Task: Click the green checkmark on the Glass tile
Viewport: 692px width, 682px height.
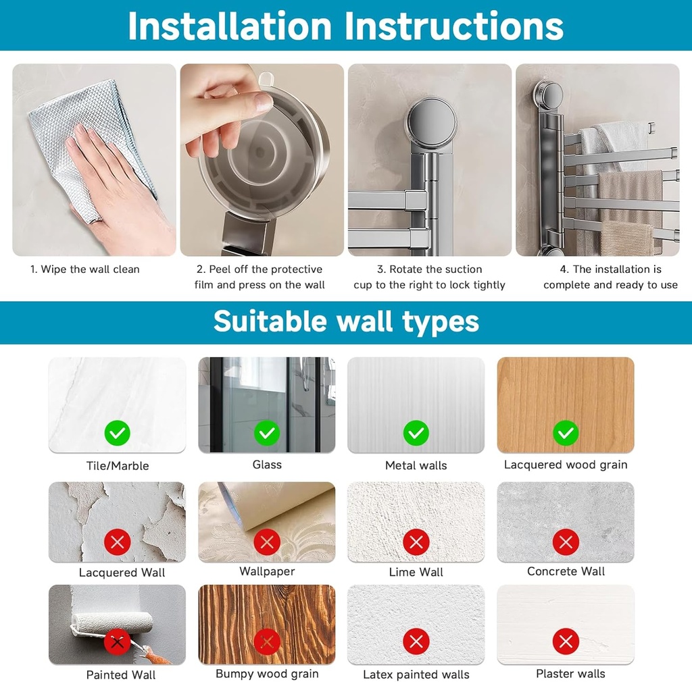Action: click(267, 432)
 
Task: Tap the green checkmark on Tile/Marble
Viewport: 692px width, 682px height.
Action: click(118, 432)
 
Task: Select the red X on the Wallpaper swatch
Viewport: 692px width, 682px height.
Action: click(267, 542)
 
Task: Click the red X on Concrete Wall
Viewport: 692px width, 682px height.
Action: click(566, 542)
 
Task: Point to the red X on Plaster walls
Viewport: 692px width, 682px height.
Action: click(566, 641)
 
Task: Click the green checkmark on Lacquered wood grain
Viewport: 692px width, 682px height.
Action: click(566, 432)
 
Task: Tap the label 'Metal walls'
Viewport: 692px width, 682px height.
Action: click(416, 465)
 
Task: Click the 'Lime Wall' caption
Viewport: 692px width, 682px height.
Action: click(416, 572)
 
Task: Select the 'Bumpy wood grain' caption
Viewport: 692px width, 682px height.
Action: click(267, 674)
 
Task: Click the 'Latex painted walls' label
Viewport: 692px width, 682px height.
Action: click(416, 675)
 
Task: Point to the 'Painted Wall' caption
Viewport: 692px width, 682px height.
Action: click(121, 675)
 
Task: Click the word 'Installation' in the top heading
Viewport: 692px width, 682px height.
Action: click(229, 26)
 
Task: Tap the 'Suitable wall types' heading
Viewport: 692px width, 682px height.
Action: click(346, 322)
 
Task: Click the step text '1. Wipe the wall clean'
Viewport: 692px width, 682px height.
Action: click(85, 269)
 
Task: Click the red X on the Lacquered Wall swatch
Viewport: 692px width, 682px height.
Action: click(118, 542)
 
